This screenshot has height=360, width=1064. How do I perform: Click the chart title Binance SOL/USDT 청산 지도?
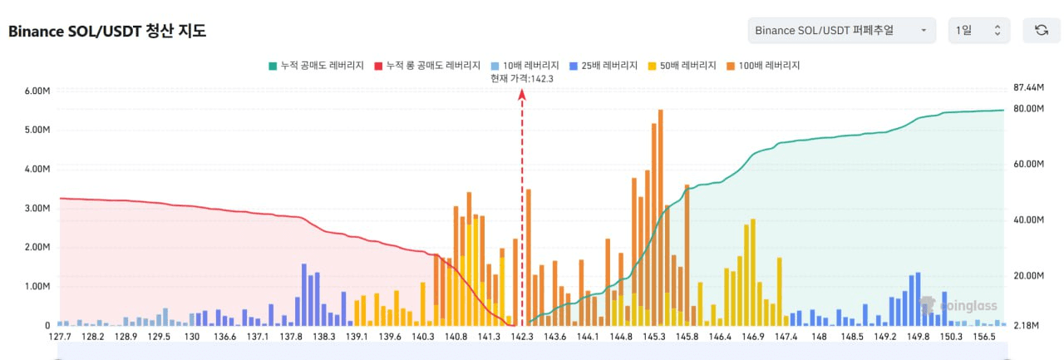click(107, 32)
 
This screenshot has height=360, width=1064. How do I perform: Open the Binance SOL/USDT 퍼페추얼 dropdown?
click(841, 31)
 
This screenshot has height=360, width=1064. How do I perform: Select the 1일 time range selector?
click(978, 31)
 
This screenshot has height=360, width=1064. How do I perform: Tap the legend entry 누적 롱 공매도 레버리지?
click(427, 65)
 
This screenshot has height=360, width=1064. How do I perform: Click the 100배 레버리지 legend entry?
click(763, 65)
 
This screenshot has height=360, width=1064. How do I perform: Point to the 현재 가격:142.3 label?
click(522, 78)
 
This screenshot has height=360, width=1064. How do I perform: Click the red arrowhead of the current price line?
click(522, 95)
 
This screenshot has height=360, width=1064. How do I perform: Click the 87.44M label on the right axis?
click(1028, 87)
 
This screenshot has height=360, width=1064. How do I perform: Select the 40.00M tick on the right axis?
click(1028, 220)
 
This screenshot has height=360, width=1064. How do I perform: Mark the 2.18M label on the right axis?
click(1028, 326)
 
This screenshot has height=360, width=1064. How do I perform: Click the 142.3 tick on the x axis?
click(522, 337)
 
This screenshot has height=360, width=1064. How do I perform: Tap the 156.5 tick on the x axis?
click(984, 337)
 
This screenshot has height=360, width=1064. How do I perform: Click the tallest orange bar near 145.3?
click(660, 216)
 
